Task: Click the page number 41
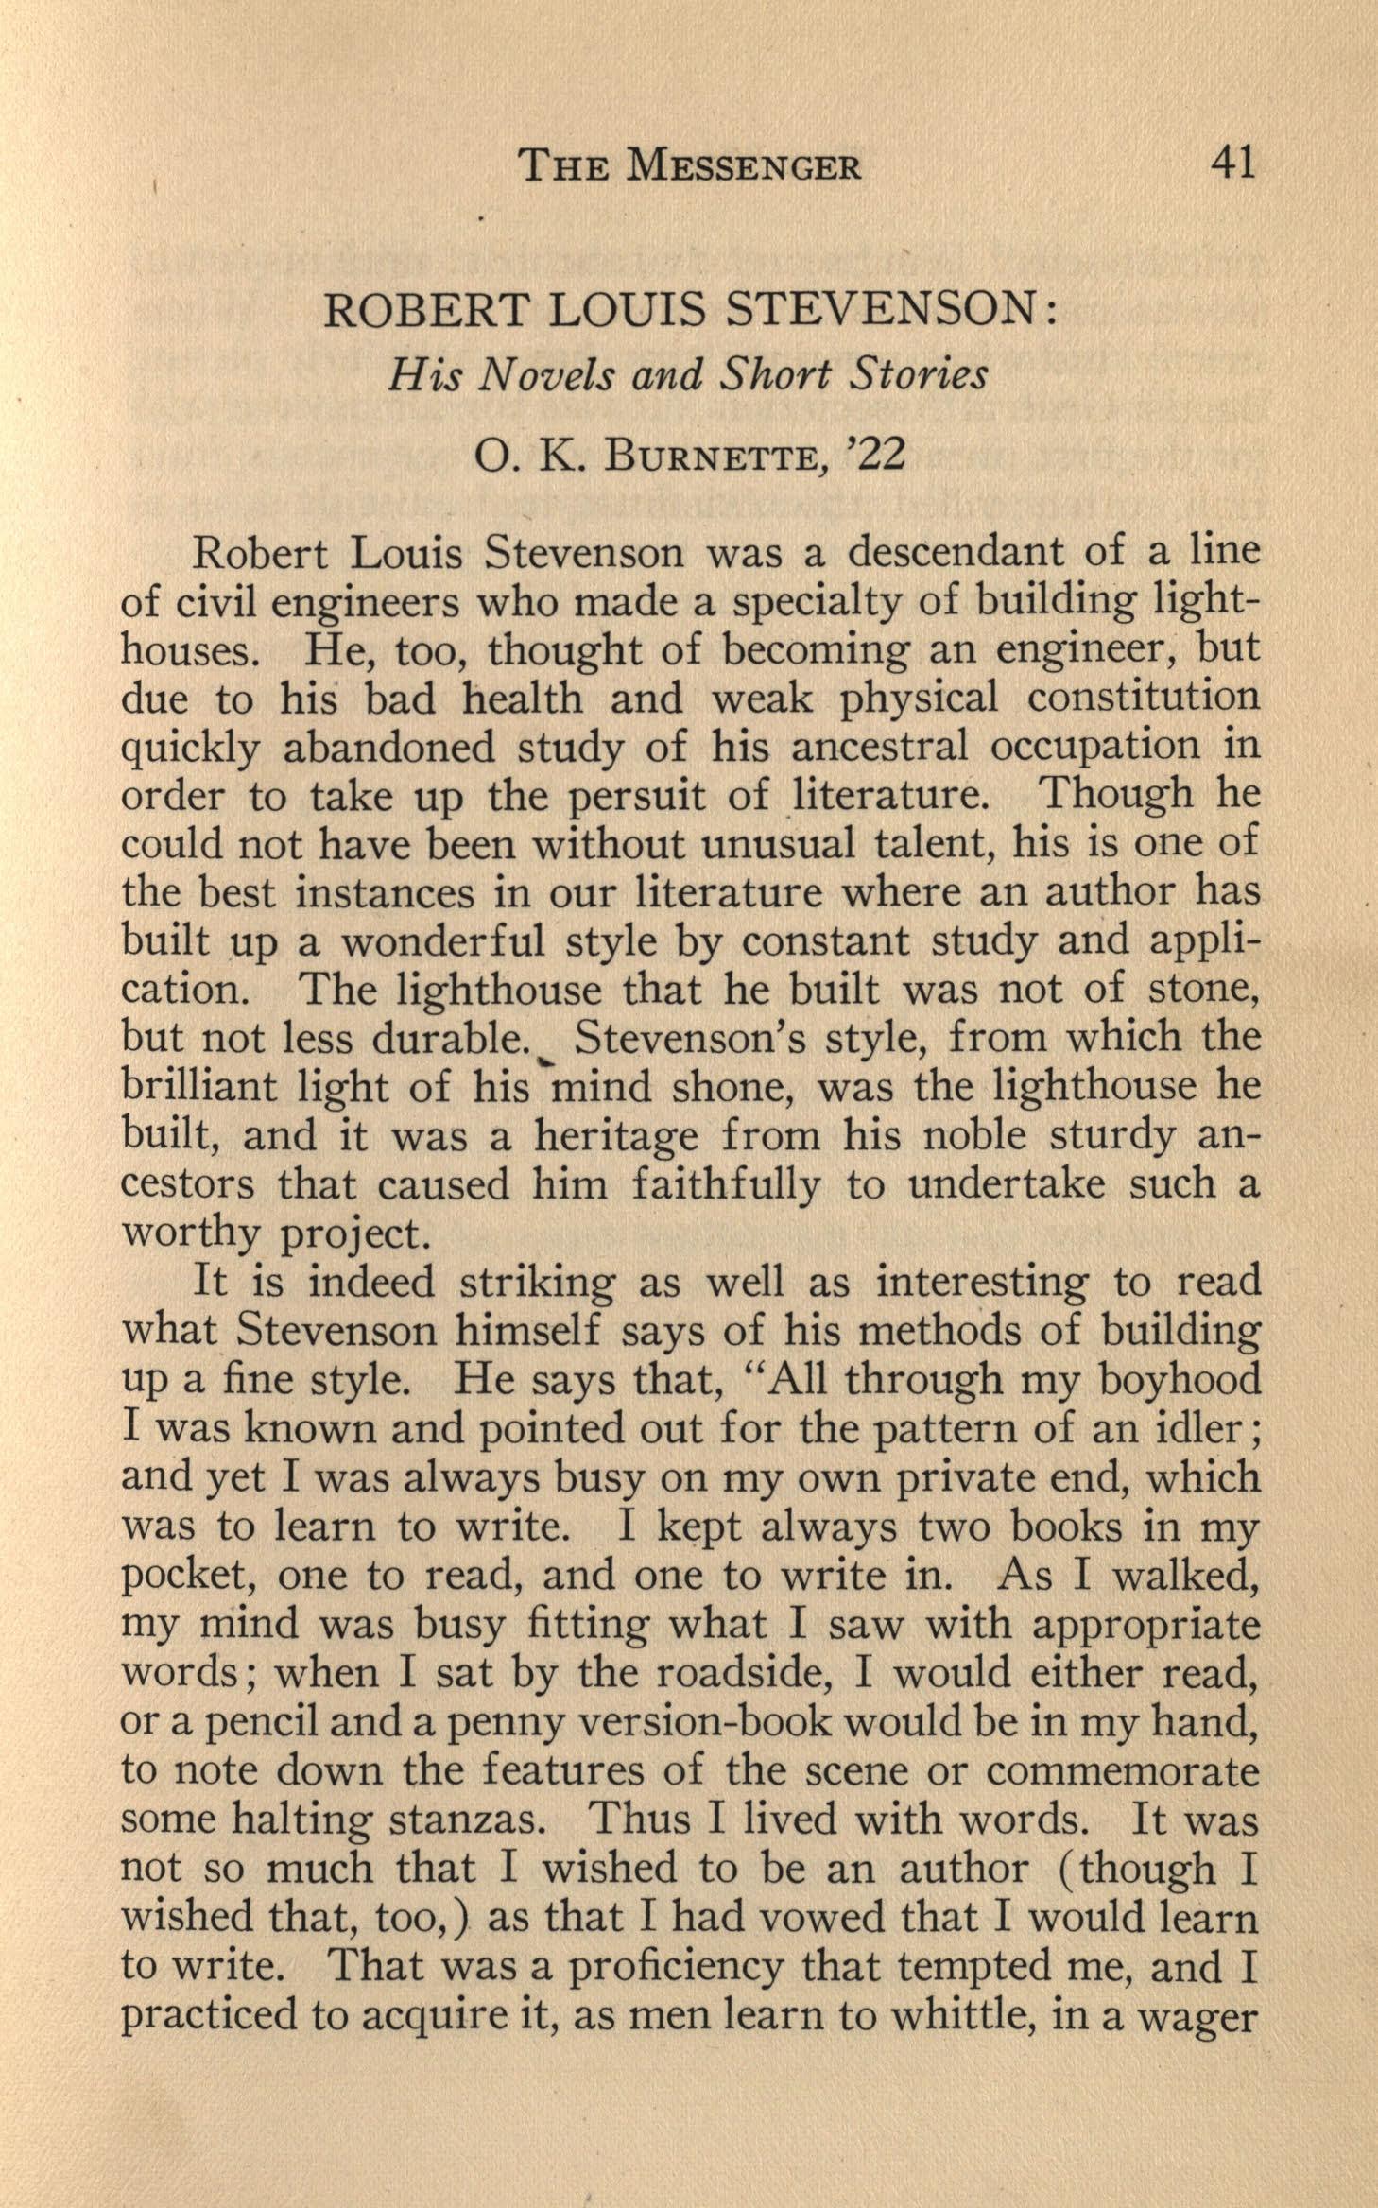tap(1232, 164)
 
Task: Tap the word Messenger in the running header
tap(745, 166)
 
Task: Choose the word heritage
tap(616, 1136)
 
